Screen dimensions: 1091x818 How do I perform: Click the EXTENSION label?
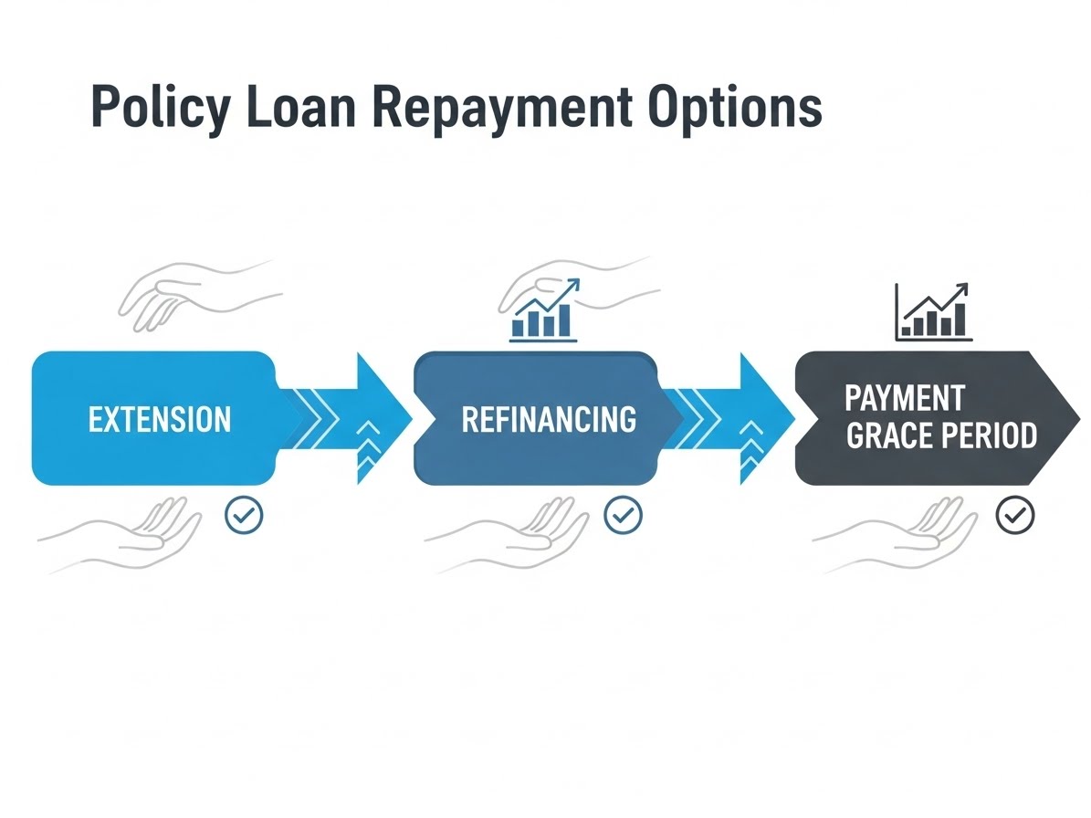pos(160,419)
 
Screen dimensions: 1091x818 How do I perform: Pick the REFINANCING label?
pos(549,419)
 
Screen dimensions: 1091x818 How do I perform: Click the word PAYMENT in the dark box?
pos(904,398)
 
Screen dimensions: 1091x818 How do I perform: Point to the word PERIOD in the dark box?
pos(988,435)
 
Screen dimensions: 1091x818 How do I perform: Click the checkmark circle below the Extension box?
pos(244,516)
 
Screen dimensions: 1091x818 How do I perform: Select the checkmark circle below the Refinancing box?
pos(623,516)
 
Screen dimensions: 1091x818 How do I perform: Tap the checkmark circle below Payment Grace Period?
pos(1014,516)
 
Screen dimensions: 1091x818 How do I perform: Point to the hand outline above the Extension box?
pos(196,294)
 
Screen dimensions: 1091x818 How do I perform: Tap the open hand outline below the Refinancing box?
pos(508,539)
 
